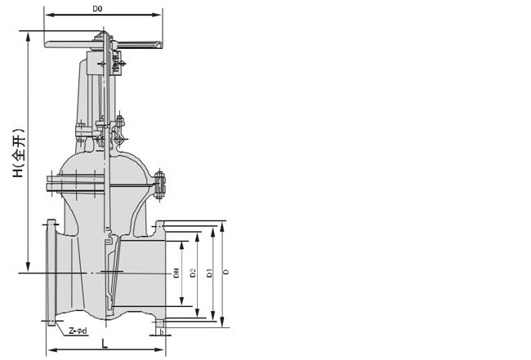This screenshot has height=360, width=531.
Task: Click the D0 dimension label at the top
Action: [97, 9]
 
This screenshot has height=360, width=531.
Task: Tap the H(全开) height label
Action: [18, 153]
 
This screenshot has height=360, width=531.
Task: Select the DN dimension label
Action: [176, 273]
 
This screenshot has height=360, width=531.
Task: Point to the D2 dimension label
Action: [193, 273]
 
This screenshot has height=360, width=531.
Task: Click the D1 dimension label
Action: [210, 273]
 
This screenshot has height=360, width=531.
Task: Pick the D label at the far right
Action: [227, 272]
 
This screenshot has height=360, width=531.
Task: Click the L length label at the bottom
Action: [105, 344]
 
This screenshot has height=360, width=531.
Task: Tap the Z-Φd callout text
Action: [78, 331]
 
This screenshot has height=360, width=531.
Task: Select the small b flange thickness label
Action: [162, 332]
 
